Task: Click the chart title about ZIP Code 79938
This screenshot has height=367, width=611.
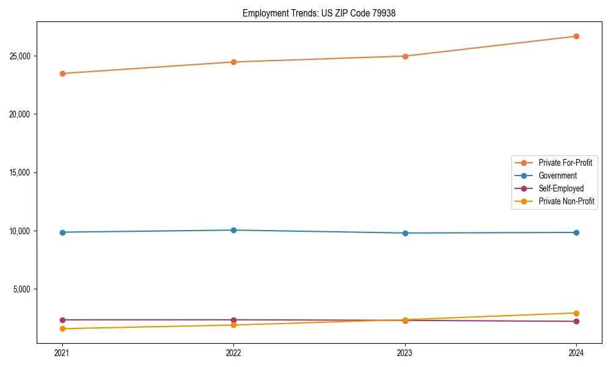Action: pyautogui.click(x=319, y=13)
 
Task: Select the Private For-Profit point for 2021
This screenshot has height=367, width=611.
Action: pyautogui.click(x=62, y=73)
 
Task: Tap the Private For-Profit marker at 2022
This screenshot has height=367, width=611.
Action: pyautogui.click(x=233, y=62)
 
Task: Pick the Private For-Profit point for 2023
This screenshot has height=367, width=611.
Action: pyautogui.click(x=405, y=56)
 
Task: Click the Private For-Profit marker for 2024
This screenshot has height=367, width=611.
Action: pyautogui.click(x=576, y=36)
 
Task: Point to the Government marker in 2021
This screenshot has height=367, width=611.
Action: pyautogui.click(x=62, y=232)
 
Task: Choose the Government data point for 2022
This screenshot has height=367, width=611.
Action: pyautogui.click(x=233, y=230)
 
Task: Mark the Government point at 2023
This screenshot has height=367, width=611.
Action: pyautogui.click(x=405, y=233)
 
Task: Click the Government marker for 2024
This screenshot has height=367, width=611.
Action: pyautogui.click(x=576, y=232)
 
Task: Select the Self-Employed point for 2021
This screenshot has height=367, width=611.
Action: pyautogui.click(x=62, y=320)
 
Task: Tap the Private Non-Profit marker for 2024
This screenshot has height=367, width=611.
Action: pyautogui.click(x=576, y=313)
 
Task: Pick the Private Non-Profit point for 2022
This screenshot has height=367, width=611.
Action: pyautogui.click(x=233, y=325)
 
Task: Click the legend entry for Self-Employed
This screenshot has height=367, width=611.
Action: pyautogui.click(x=561, y=188)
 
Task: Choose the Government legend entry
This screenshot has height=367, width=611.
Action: pyautogui.click(x=557, y=176)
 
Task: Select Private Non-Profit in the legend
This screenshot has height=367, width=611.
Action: pyautogui.click(x=566, y=201)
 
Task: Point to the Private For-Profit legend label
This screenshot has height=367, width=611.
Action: pyautogui.click(x=565, y=163)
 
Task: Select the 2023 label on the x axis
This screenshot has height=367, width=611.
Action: pyautogui.click(x=405, y=352)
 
